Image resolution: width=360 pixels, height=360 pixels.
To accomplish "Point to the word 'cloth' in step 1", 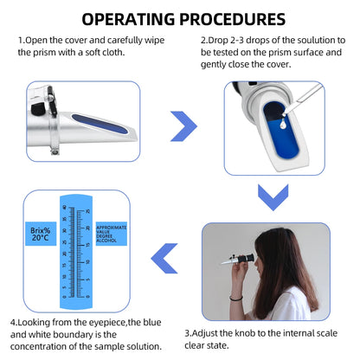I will coord(130,51).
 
